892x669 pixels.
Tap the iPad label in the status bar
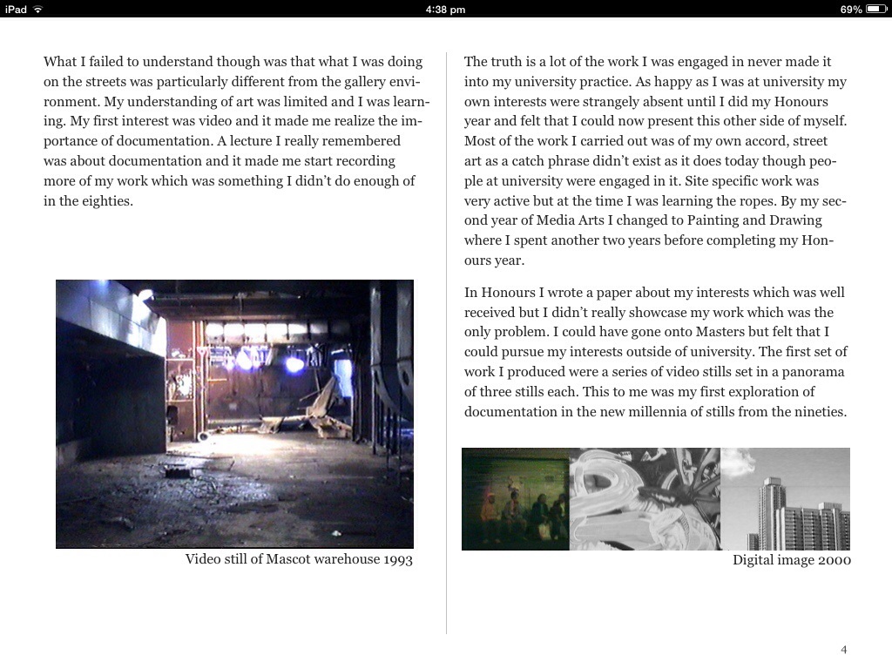point(16,9)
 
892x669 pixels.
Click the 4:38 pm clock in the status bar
point(445,9)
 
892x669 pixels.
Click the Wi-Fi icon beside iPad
point(37,9)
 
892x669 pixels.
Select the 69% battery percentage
point(851,9)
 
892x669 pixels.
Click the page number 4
point(843,650)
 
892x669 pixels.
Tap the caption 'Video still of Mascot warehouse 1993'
point(299,559)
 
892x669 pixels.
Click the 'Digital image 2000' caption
point(791,560)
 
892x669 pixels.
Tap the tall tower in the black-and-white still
point(771,510)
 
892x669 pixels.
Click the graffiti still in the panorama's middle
point(645,499)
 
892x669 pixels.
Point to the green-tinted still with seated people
point(515,499)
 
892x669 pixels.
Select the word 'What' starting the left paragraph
point(60,62)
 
